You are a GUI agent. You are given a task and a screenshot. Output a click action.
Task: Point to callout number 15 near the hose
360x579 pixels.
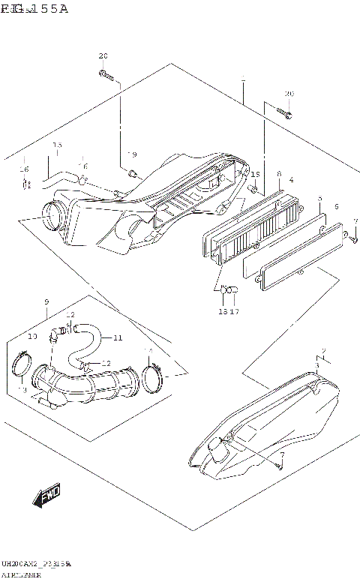point(57,145)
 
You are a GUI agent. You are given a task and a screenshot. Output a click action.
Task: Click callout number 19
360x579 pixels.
point(132,154)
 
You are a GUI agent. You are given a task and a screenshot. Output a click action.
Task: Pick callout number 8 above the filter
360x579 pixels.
point(278,174)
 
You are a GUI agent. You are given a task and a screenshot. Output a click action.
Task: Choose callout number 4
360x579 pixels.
point(291,180)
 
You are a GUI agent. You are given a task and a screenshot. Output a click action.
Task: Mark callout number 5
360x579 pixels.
point(319,199)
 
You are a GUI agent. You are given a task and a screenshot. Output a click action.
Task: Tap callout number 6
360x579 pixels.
point(337,206)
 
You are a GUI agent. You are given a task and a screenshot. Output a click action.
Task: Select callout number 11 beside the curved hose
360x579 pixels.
point(118,337)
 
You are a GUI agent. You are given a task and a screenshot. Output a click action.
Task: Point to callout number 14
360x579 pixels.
point(148,350)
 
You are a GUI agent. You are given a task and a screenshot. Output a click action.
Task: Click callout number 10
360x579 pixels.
point(33,337)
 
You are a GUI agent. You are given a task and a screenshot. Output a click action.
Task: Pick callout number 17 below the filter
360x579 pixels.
point(234,311)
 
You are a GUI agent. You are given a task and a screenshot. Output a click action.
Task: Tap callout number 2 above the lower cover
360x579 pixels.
point(323,351)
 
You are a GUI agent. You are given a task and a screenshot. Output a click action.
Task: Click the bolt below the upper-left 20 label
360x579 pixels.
point(106,74)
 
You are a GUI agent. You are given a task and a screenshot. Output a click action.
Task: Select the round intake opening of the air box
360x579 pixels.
point(52,217)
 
